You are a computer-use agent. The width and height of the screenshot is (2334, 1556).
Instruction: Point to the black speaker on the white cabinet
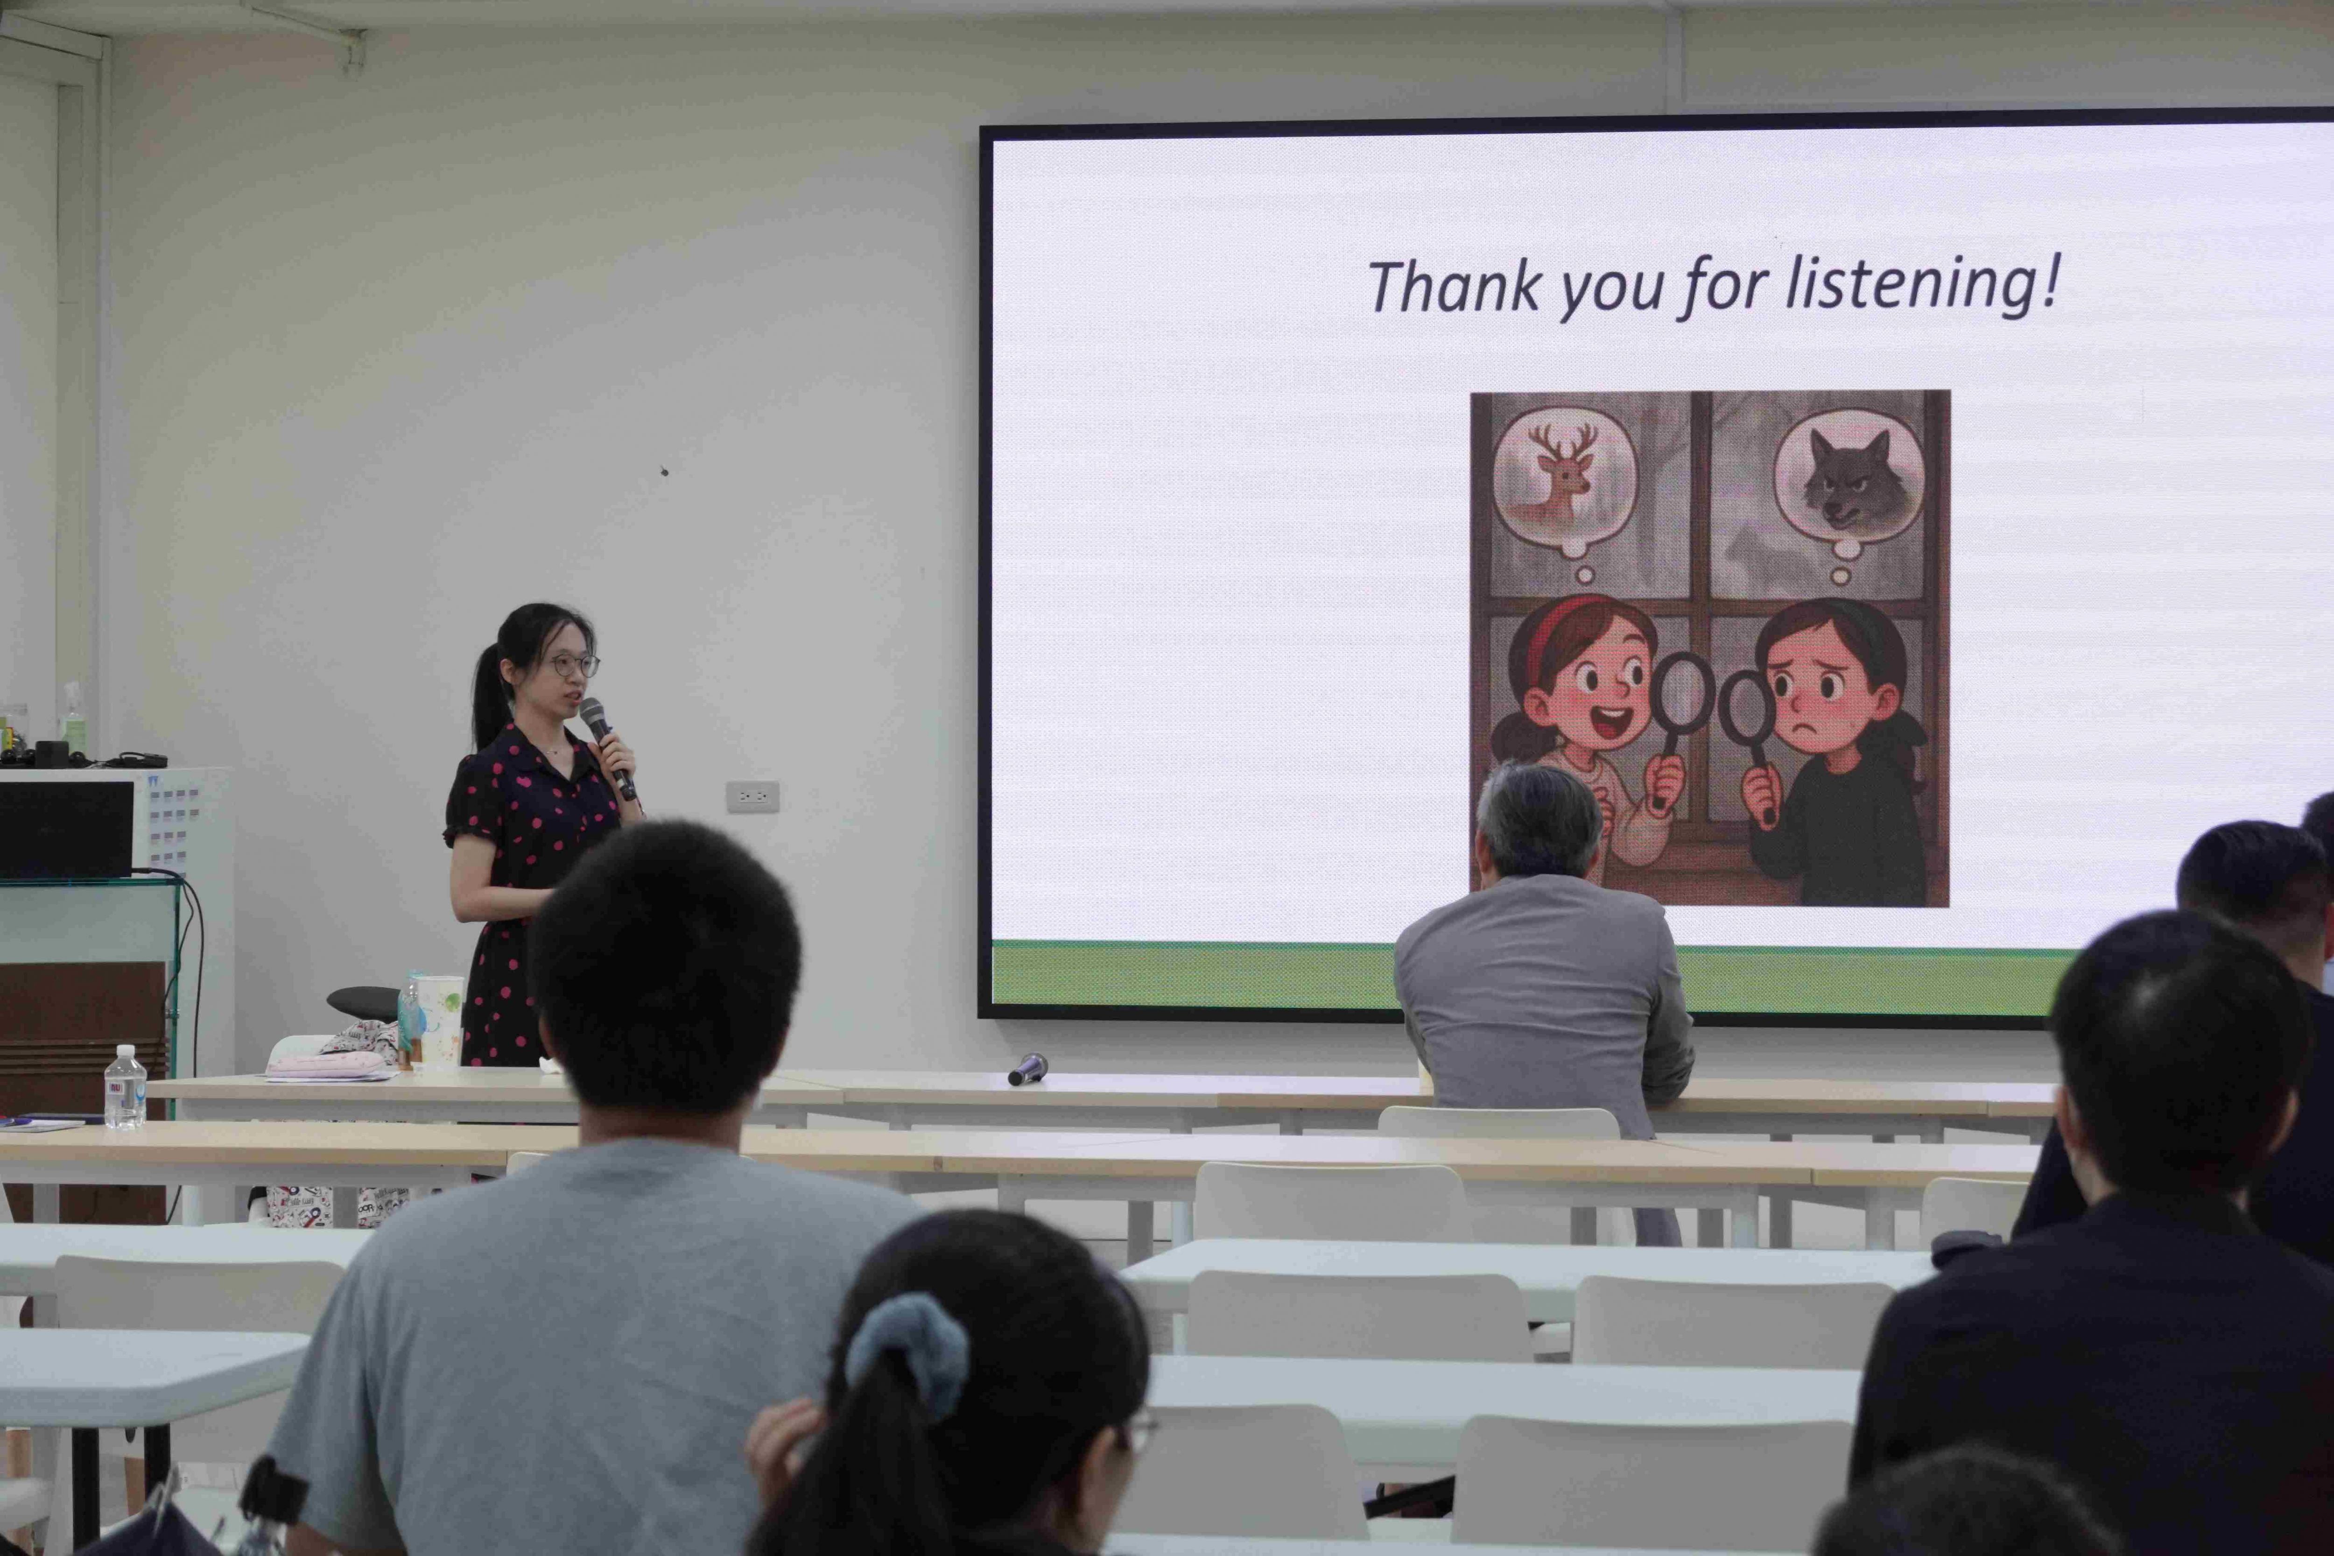point(65,829)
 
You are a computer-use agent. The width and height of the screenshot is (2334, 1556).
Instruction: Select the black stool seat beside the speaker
point(364,1002)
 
